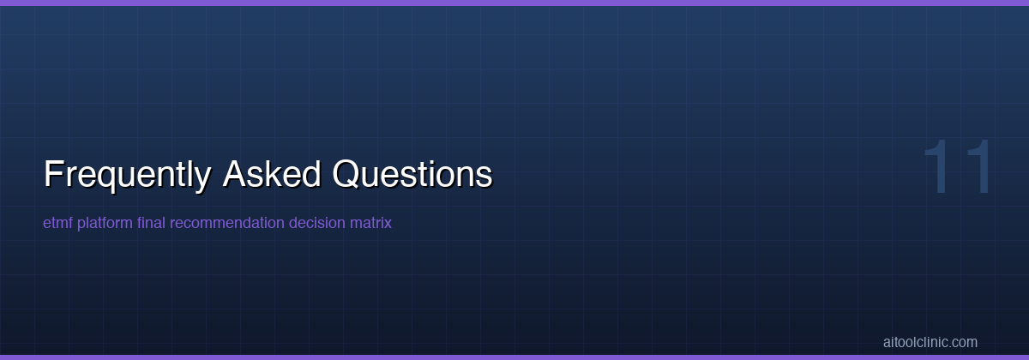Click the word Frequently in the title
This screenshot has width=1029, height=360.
tap(127, 174)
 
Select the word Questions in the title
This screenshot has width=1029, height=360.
tap(412, 174)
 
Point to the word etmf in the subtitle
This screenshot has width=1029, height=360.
tap(57, 223)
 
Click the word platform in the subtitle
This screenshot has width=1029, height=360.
tap(105, 223)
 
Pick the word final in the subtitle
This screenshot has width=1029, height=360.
tap(152, 223)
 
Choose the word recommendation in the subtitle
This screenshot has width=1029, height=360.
tap(227, 223)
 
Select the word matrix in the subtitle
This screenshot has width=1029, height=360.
tap(370, 223)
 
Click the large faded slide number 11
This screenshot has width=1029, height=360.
tap(959, 168)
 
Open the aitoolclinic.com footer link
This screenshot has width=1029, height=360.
tap(930, 342)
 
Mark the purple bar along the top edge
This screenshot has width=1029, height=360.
tap(514, 3)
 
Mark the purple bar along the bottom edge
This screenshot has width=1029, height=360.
tap(514, 357)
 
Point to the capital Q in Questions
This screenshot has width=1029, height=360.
tap(346, 174)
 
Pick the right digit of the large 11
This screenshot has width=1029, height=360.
tap(978, 168)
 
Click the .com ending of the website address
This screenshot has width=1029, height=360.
tap(963, 342)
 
